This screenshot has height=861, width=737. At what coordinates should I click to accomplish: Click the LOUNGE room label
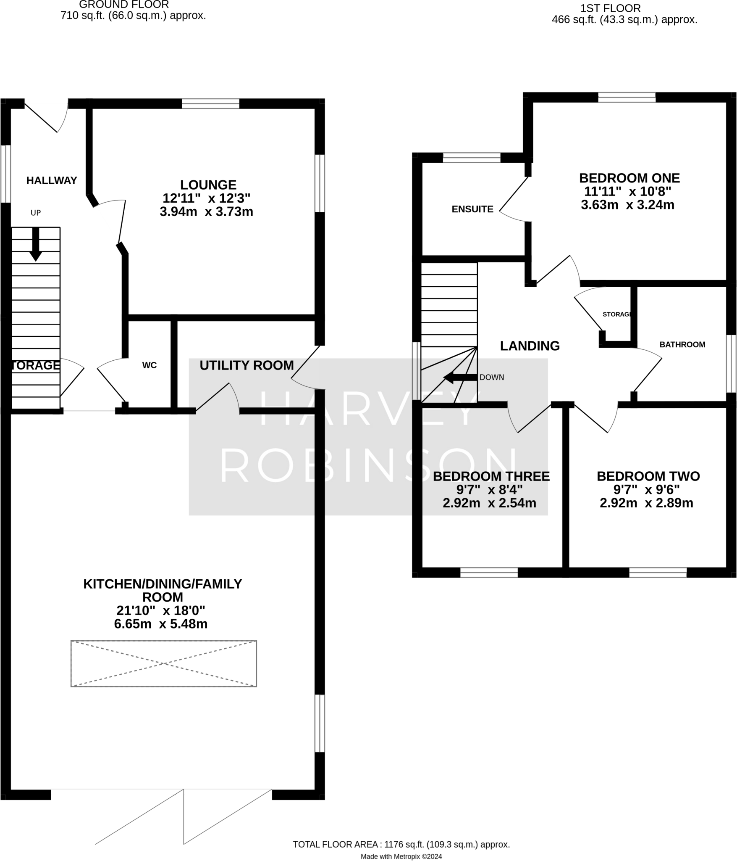pos(208,185)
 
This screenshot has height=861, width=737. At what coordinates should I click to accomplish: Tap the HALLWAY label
pos(52,180)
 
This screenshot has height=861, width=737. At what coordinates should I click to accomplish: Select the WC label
pos(149,365)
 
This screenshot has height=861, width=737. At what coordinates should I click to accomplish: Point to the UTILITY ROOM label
pos(247,365)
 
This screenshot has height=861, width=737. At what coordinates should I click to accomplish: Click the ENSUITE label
pos(472,209)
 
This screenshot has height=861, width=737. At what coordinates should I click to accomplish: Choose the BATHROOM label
pos(682,344)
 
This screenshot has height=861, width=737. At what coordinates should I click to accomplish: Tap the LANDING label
pos(530,346)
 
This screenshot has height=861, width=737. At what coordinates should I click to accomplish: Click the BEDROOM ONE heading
pos(629,178)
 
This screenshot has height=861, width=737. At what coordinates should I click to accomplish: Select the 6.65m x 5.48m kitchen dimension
pos(161,624)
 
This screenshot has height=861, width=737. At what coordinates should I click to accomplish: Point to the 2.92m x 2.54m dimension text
pos(489,503)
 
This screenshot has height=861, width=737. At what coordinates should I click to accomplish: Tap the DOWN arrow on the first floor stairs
pos(460,378)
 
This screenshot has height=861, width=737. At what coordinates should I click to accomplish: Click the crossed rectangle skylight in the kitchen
pos(163,664)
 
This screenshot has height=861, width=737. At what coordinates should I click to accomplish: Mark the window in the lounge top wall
pos(210,103)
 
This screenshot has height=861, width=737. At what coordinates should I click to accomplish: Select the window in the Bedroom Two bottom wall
pos(658,572)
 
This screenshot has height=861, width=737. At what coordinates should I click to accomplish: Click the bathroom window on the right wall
pos(731,364)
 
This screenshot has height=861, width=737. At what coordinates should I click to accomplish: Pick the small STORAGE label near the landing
pos(616,314)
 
